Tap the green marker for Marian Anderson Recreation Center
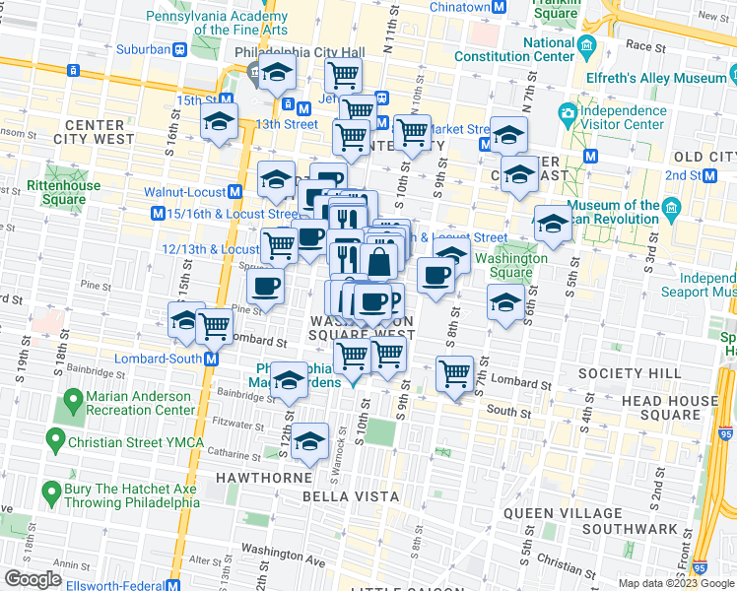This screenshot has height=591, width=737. pyautogui.click(x=72, y=402)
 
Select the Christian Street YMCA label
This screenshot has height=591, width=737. pyautogui.click(x=120, y=443)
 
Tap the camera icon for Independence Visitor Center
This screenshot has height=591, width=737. pyautogui.click(x=568, y=114)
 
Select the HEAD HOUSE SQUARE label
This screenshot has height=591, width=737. pyautogui.click(x=669, y=408)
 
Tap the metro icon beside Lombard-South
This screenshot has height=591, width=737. pyautogui.click(x=211, y=360)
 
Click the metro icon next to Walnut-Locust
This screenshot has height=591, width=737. pyautogui.click(x=235, y=192)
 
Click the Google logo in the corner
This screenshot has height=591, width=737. pyautogui.click(x=33, y=578)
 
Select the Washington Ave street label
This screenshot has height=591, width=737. pyautogui.click(x=283, y=549)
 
